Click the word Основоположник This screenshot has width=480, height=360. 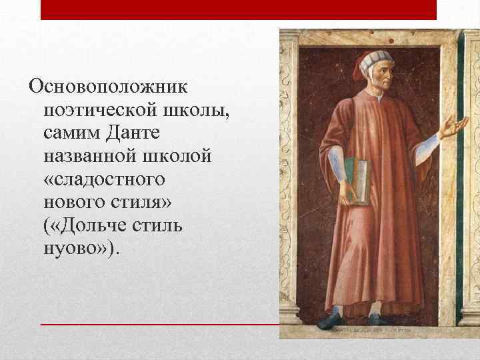pos(106,87)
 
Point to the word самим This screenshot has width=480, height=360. pos(69,133)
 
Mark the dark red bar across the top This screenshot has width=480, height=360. pos(238,9)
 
